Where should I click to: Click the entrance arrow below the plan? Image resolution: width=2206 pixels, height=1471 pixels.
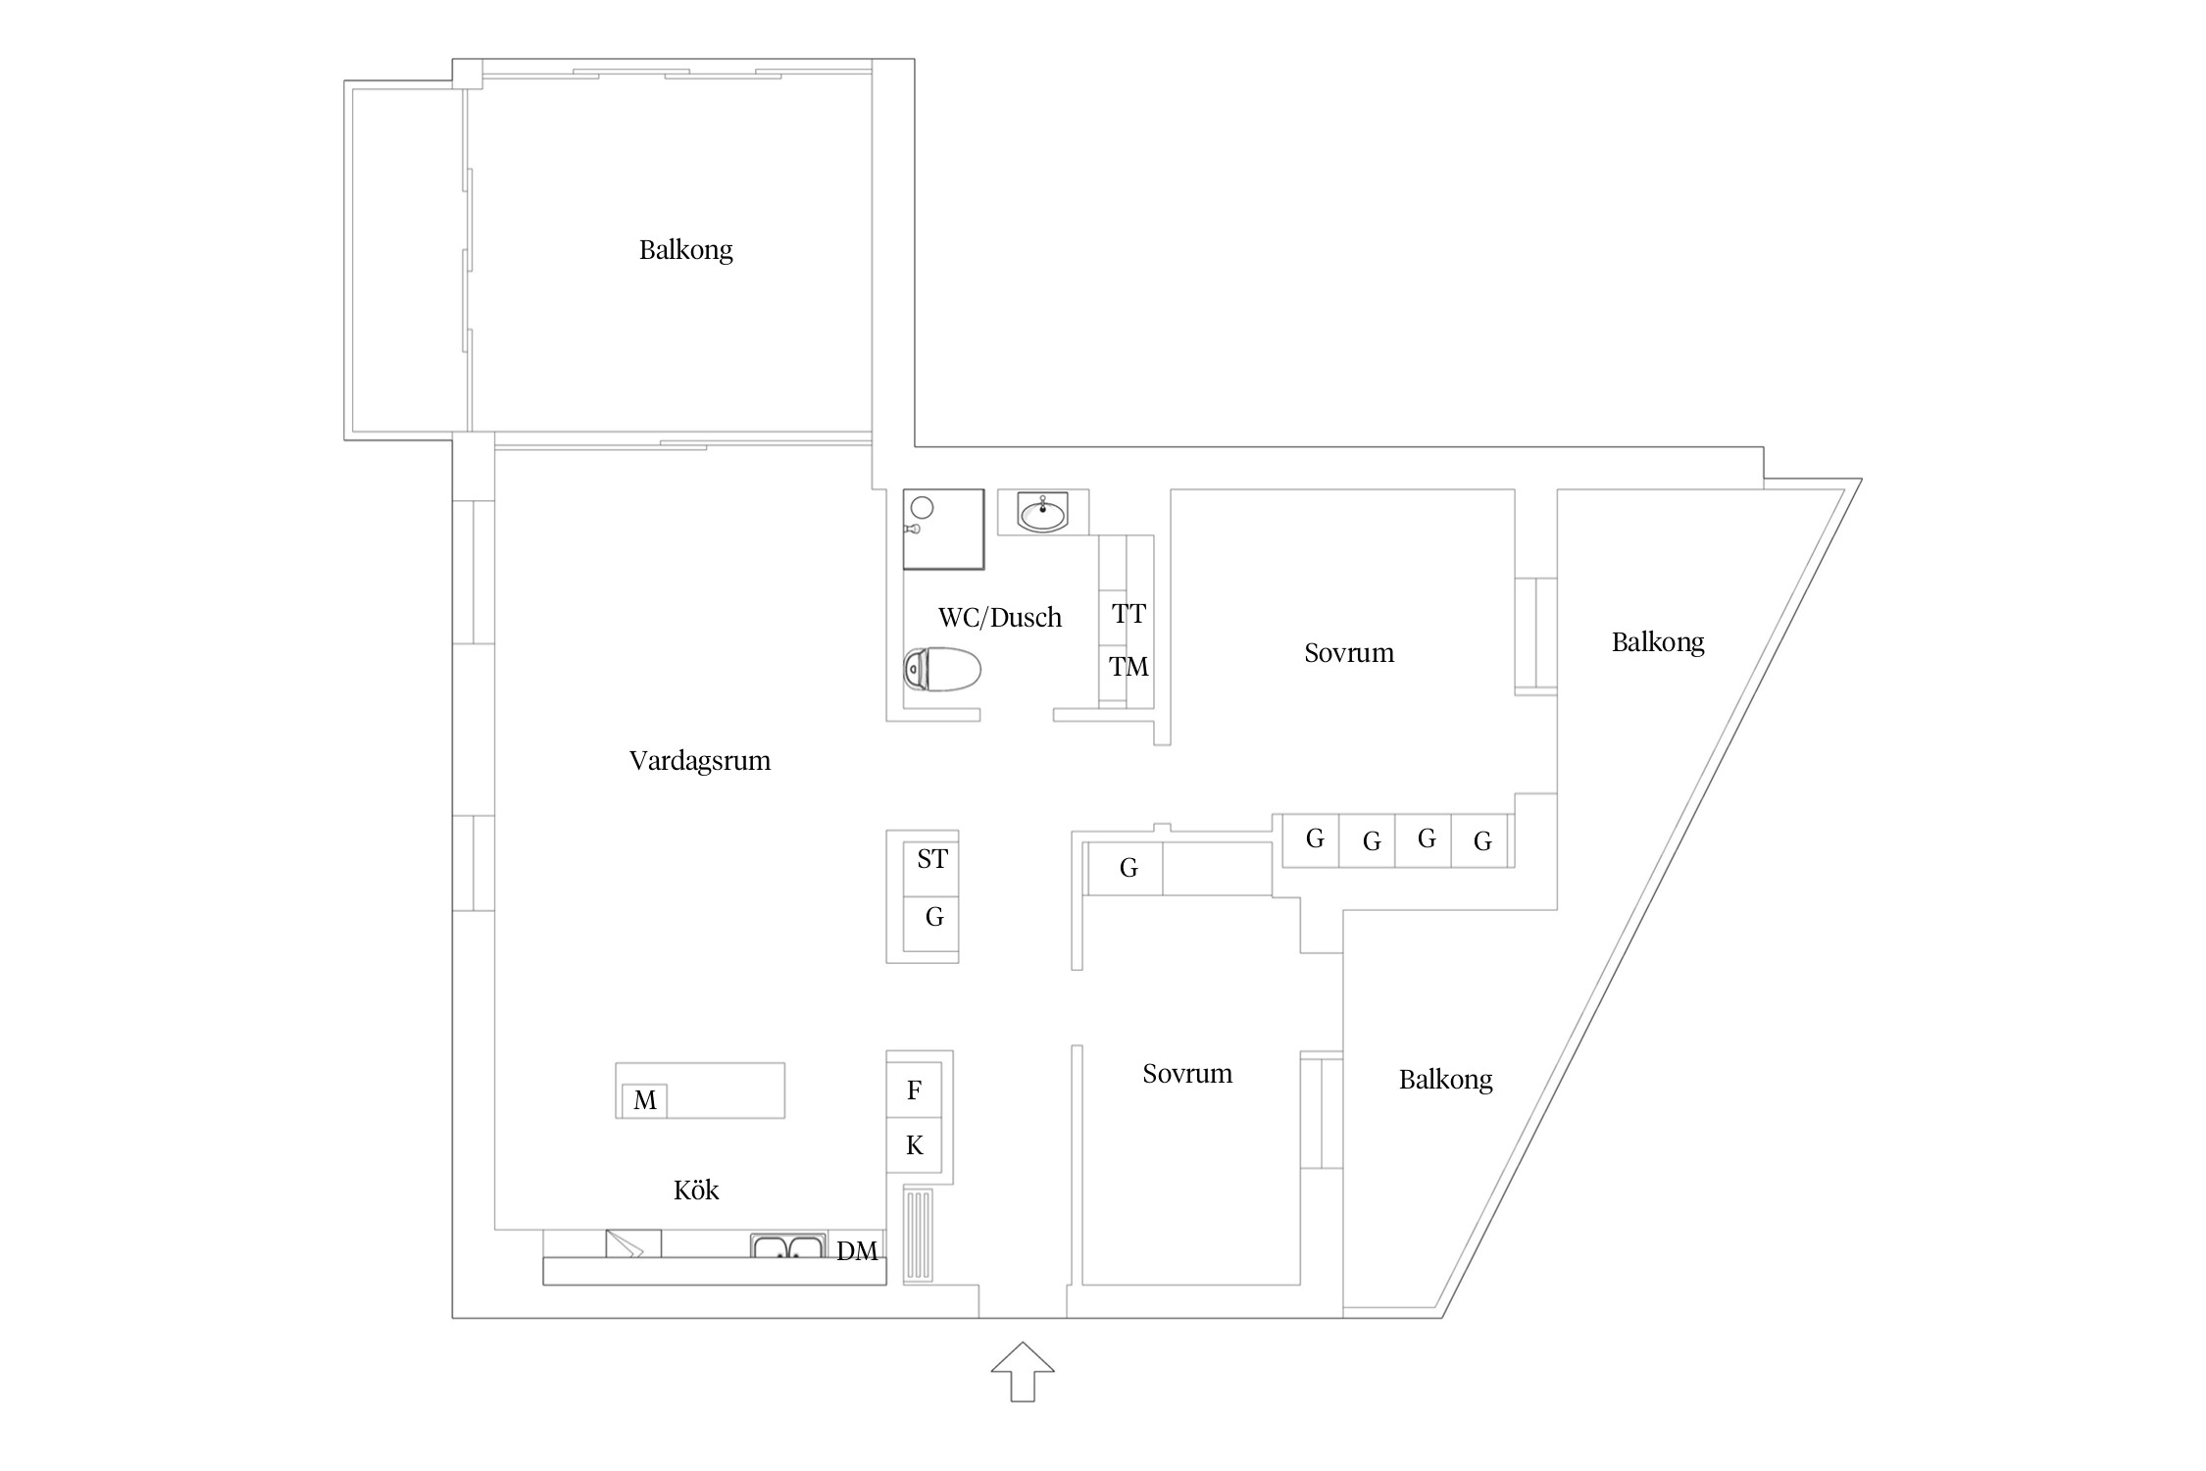pyautogui.click(x=1023, y=1370)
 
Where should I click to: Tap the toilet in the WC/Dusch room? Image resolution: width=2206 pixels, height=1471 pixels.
pyautogui.click(x=942, y=670)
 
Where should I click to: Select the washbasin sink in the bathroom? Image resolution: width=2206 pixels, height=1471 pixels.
pyautogui.click(x=1042, y=513)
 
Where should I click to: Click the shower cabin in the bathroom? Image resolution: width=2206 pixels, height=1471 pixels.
pyautogui.click(x=943, y=529)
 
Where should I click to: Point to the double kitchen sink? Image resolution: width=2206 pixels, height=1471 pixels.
pyautogui.click(x=788, y=1246)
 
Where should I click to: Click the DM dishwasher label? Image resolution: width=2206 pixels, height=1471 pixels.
pyautogui.click(x=857, y=1250)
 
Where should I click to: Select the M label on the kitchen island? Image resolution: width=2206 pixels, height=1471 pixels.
pyautogui.click(x=645, y=1100)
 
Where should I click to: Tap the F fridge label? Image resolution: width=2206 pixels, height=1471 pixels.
pyautogui.click(x=915, y=1090)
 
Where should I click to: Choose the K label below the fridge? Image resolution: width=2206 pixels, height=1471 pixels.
pyautogui.click(x=915, y=1144)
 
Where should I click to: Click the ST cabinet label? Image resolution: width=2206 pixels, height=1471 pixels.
pyautogui.click(x=932, y=859)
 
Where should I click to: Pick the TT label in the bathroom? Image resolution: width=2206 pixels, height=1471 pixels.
pyautogui.click(x=1129, y=614)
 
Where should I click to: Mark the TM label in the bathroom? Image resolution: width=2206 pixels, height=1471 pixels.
pyautogui.click(x=1129, y=667)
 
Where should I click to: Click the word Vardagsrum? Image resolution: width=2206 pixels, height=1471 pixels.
pyautogui.click(x=700, y=761)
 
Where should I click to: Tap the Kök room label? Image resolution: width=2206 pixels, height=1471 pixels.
pyautogui.click(x=696, y=1190)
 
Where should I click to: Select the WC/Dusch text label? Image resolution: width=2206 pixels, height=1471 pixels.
pyautogui.click(x=1000, y=617)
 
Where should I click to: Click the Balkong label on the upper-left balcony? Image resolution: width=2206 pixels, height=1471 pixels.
pyautogui.click(x=686, y=250)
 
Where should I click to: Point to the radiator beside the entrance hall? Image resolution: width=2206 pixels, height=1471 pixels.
pyautogui.click(x=919, y=1235)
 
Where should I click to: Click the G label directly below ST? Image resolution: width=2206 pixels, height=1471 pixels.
pyautogui.click(x=934, y=917)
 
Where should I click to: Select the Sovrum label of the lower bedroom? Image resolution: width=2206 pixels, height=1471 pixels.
pyautogui.click(x=1187, y=1074)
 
